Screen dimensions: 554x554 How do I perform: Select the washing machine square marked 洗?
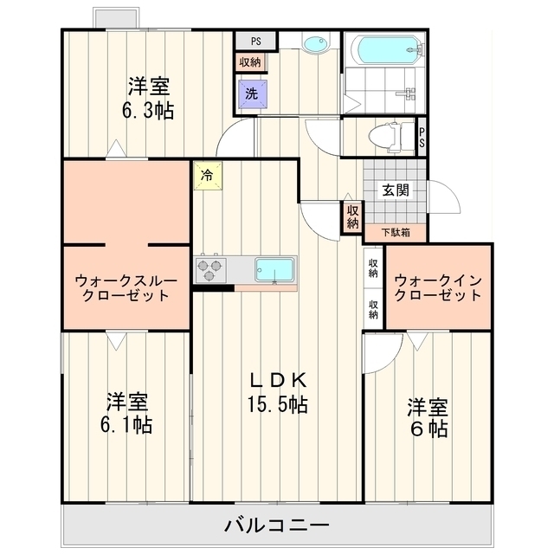(x=252, y=93)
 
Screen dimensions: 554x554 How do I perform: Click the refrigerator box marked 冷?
(x=208, y=175)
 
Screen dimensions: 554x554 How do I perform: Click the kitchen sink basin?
(x=274, y=270)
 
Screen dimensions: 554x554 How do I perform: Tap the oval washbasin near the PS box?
(x=316, y=44)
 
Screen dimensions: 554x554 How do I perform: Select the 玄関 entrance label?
(x=396, y=190)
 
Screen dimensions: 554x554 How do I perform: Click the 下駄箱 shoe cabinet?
(x=396, y=233)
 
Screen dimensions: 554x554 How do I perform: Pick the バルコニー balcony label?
(x=277, y=525)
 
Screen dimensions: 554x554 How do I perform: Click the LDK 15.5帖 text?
(x=277, y=392)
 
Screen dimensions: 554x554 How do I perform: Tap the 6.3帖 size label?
(x=148, y=111)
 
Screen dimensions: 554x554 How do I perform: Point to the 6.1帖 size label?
(x=126, y=425)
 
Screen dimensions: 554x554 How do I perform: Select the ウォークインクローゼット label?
(x=438, y=288)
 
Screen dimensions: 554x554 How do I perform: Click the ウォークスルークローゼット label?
(x=126, y=288)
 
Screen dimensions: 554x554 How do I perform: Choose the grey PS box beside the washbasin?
(x=256, y=41)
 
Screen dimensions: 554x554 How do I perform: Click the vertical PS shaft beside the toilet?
(x=422, y=137)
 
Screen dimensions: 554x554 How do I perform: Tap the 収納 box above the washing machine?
(x=250, y=62)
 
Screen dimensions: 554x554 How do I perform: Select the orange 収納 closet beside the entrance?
(x=352, y=217)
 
